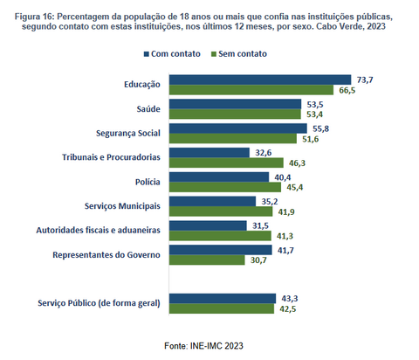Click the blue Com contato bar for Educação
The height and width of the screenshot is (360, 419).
(260, 80)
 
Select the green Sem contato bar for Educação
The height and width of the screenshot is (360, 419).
(251, 90)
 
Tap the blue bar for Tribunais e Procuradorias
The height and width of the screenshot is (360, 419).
(209, 153)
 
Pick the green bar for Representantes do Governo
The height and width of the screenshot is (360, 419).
(207, 260)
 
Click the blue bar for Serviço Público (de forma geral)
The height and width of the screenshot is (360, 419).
(223, 299)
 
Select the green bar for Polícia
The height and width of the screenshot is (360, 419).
(225, 187)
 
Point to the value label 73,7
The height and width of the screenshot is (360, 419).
(365, 80)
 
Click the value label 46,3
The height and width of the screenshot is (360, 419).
(297, 163)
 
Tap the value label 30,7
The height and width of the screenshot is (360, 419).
(258, 260)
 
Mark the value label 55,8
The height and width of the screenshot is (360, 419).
(320, 128)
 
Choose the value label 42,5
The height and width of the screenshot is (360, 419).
(288, 309)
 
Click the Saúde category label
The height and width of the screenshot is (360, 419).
(148, 109)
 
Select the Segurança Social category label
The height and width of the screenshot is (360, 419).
(128, 134)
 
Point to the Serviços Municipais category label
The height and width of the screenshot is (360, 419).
(122, 206)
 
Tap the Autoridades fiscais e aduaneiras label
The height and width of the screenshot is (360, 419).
(99, 231)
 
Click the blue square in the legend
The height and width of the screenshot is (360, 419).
(147, 54)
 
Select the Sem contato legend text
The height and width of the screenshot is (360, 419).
(243, 54)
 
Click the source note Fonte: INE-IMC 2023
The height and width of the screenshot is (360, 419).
(203, 346)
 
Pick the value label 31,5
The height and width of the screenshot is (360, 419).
(260, 225)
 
